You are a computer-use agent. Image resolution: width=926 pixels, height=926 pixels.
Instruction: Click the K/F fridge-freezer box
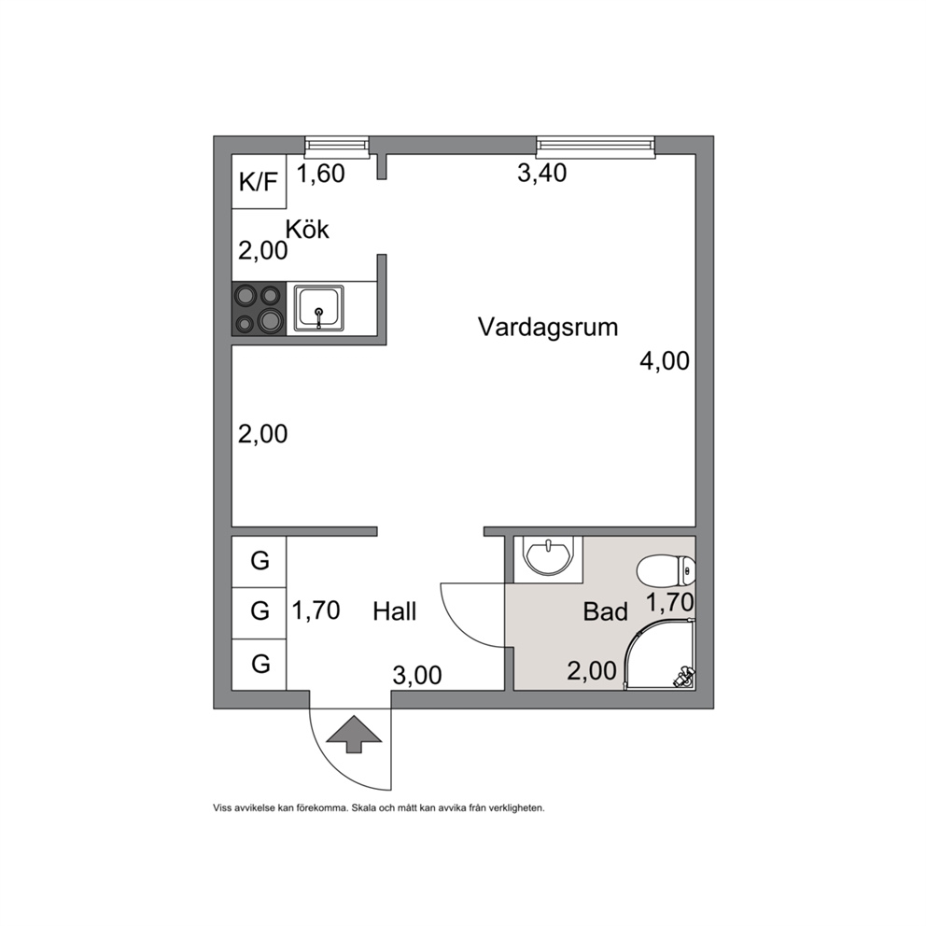click(x=259, y=181)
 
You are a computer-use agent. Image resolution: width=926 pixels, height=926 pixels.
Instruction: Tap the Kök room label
click(x=307, y=229)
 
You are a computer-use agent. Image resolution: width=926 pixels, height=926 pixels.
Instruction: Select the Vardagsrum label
click(x=548, y=327)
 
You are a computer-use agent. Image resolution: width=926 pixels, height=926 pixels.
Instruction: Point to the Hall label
click(x=395, y=611)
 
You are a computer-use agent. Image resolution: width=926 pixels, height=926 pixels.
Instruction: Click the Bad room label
click(x=605, y=611)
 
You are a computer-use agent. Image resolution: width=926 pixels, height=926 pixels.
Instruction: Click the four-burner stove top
click(x=259, y=309)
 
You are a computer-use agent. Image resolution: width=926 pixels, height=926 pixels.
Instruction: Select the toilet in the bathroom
click(x=666, y=571)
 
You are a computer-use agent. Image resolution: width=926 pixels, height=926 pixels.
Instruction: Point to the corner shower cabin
click(x=660, y=653)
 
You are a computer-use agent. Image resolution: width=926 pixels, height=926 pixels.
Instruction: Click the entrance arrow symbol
click(x=354, y=734)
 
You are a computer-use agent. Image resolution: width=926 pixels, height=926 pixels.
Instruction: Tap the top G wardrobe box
click(x=259, y=562)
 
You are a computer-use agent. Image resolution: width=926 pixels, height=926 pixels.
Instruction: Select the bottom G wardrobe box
click(x=259, y=665)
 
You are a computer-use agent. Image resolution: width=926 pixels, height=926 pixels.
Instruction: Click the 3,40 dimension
click(x=542, y=173)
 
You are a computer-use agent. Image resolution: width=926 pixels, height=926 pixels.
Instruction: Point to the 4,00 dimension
click(x=665, y=361)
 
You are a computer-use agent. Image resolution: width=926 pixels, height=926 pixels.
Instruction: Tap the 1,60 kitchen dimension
click(x=321, y=174)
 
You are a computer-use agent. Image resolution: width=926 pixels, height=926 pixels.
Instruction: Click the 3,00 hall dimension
click(x=417, y=675)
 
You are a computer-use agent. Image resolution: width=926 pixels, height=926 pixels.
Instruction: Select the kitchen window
click(x=337, y=147)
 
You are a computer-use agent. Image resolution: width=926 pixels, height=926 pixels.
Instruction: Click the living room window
click(x=596, y=147)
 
